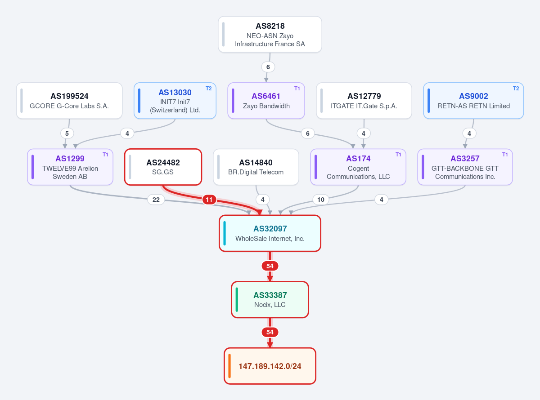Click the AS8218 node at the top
pyautogui.click(x=270, y=34)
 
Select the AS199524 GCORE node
pyautogui.click(x=69, y=101)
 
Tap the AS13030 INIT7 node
pyautogui.click(x=175, y=101)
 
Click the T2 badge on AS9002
pyautogui.click(x=516, y=89)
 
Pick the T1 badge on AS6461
pyautogui.click(x=297, y=89)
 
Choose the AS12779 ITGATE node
pyautogui.click(x=364, y=101)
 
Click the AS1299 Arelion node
pyautogui.click(x=70, y=167)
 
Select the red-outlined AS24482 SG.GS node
pyautogui.click(x=163, y=167)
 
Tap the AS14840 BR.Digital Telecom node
pyautogui.click(x=256, y=167)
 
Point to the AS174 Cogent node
pyautogui.click(x=358, y=167)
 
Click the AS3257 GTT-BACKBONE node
pyautogui.click(x=465, y=167)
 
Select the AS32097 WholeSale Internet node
pyautogui.click(x=270, y=233)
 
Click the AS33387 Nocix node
pyautogui.click(x=270, y=300)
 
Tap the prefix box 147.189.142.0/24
pyautogui.click(x=270, y=366)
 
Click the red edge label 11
pyautogui.click(x=209, y=200)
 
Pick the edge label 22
pyautogui.click(x=156, y=200)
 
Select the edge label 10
pyautogui.click(x=321, y=200)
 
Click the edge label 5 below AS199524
pyautogui.click(x=67, y=133)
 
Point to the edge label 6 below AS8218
pyautogui.click(x=268, y=67)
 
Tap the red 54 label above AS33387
pyautogui.click(x=270, y=266)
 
